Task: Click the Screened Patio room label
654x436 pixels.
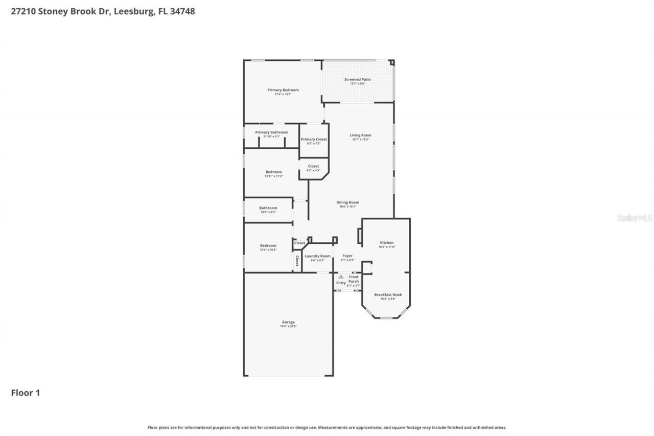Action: click(357, 80)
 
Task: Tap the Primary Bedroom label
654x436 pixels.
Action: click(283, 90)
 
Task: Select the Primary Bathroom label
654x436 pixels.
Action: click(271, 132)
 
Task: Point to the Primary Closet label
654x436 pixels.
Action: click(314, 140)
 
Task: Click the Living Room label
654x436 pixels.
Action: click(360, 135)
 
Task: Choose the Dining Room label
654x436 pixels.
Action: click(347, 202)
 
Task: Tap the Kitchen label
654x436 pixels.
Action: click(387, 243)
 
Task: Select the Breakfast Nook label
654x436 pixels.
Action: click(388, 295)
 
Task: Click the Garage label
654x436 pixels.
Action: click(288, 323)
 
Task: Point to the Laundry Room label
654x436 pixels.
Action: click(317, 256)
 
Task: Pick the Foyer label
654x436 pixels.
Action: click(347, 256)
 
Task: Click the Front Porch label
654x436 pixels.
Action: click(354, 279)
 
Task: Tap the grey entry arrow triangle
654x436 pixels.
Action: click(341, 277)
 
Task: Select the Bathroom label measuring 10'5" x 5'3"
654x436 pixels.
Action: click(268, 208)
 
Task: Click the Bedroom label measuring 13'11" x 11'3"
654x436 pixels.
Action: click(273, 172)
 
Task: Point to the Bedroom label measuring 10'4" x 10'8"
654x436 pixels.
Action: click(268, 246)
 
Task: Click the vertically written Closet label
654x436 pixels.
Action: click(297, 261)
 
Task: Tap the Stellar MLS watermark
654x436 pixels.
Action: click(635, 218)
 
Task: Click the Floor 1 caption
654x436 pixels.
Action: click(26, 393)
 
